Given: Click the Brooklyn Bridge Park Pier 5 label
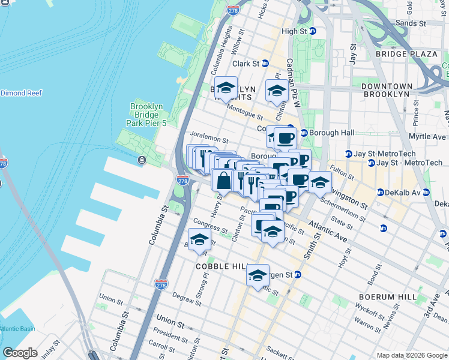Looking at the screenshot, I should tap(146, 115).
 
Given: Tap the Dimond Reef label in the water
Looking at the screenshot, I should tap(21, 93).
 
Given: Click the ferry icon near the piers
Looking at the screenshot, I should tap(142, 160).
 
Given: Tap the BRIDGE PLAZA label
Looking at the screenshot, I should tap(406, 54).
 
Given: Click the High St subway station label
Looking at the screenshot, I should tap(298, 31).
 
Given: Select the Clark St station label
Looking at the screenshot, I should tap(250, 63).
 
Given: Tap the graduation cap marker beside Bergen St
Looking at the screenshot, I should tap(258, 275).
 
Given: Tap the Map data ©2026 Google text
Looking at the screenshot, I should tap(411, 355).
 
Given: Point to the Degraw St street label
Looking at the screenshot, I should tap(186, 297).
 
